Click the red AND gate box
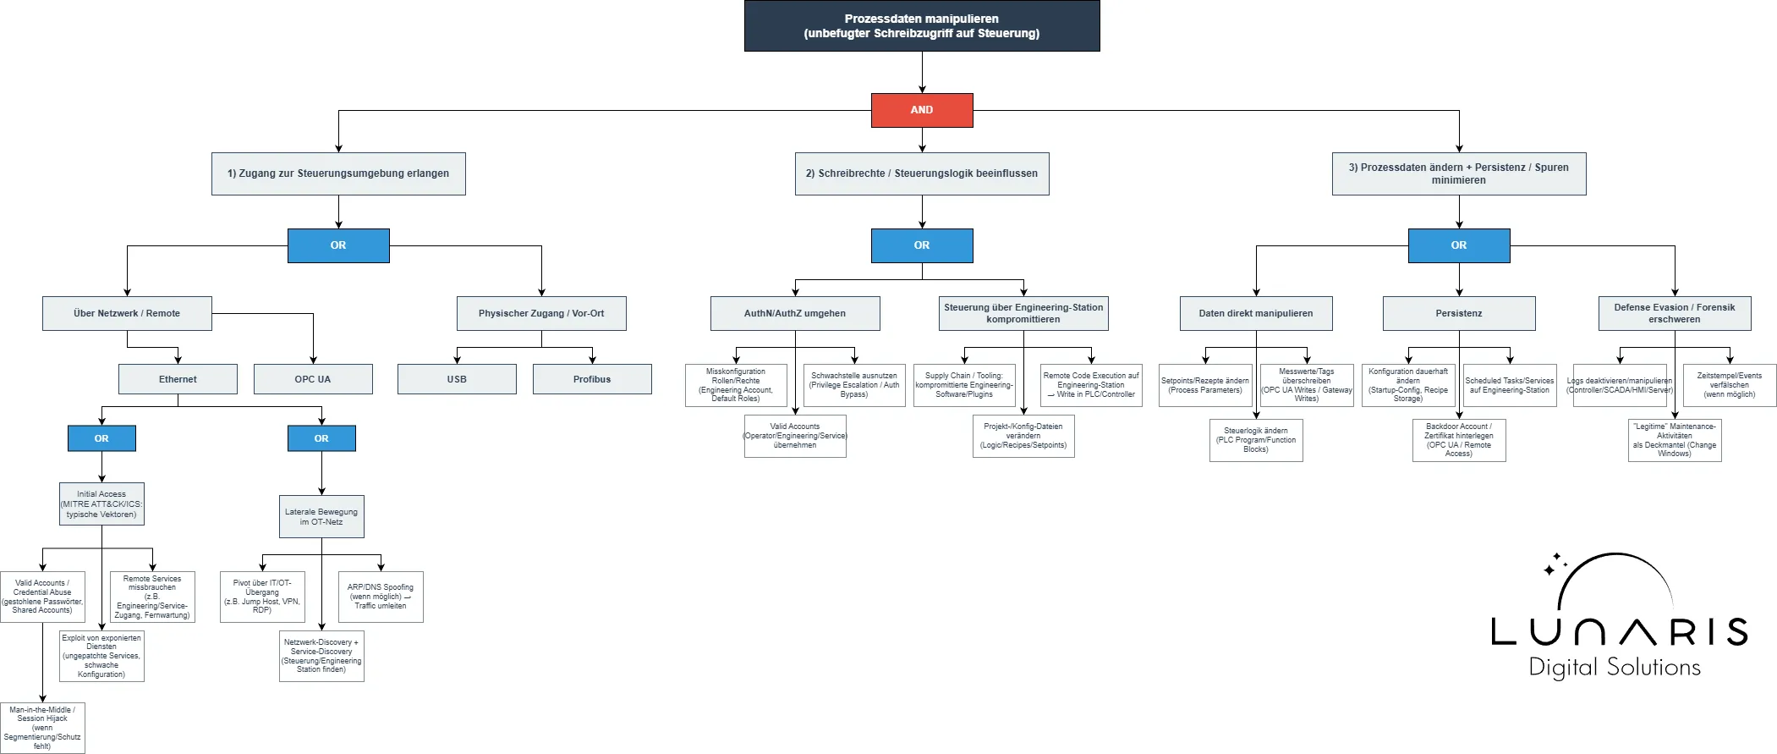[922, 110]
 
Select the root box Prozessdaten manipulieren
[922, 26]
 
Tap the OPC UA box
[313, 379]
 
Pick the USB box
[457, 379]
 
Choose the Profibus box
[592, 379]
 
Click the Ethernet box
[178, 379]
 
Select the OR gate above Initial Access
[101, 438]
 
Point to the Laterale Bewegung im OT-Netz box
[321, 516]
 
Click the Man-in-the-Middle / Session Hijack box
[42, 728]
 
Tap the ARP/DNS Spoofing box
[381, 597]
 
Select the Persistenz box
[1459, 313]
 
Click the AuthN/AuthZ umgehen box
[795, 313]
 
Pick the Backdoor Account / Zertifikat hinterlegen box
[1459, 440]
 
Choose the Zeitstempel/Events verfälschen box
[1730, 385]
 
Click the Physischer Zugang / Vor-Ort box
[541, 313]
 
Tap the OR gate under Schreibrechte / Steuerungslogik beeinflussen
[922, 245]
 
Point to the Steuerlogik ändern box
[1256, 440]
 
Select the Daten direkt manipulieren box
[1256, 313]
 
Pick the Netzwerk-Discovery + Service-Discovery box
[321, 656]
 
